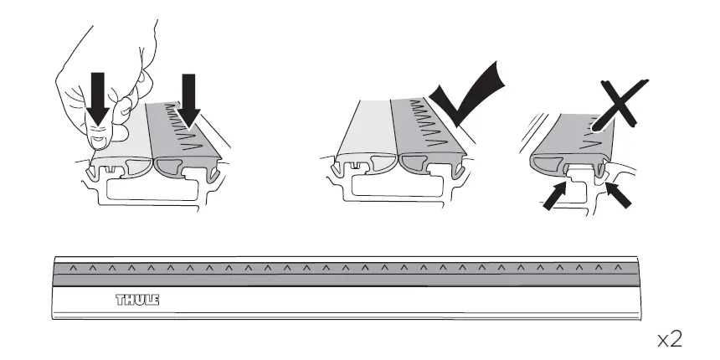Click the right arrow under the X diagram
pyautogui.click(x=619, y=198)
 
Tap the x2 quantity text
pyautogui.click(x=670, y=339)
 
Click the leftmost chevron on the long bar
pyautogui.click(x=73, y=268)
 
